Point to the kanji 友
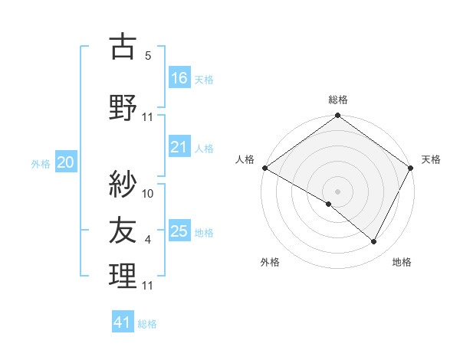pyautogui.click(x=123, y=229)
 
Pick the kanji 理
pyautogui.click(x=123, y=276)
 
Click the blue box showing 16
pyautogui.click(x=179, y=78)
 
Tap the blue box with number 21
pyautogui.click(x=179, y=148)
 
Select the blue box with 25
pyautogui.click(x=179, y=231)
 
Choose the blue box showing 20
pyautogui.click(x=66, y=162)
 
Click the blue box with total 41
pyautogui.click(x=123, y=322)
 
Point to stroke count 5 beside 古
pyautogui.click(x=148, y=56)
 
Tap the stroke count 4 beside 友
pyautogui.click(x=148, y=241)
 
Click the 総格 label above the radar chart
pyautogui.click(x=338, y=100)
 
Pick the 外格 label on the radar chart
pyautogui.click(x=270, y=262)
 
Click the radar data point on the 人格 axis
pyautogui.click(x=264, y=168)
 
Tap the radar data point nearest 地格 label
pyautogui.click(x=374, y=242)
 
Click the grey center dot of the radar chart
pyautogui.click(x=338, y=190)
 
